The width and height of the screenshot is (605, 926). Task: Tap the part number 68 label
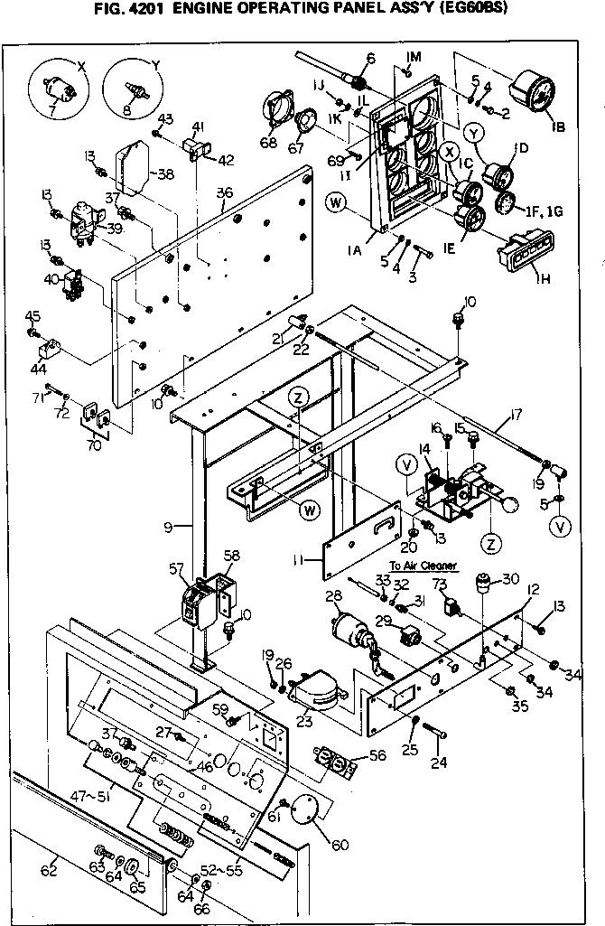click(268, 142)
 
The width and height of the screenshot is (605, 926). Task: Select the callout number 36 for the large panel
click(225, 192)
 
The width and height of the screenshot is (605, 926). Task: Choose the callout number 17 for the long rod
click(516, 416)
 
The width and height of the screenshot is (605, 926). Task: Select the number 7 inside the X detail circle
click(52, 110)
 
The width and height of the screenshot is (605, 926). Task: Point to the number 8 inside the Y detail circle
click(126, 110)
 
